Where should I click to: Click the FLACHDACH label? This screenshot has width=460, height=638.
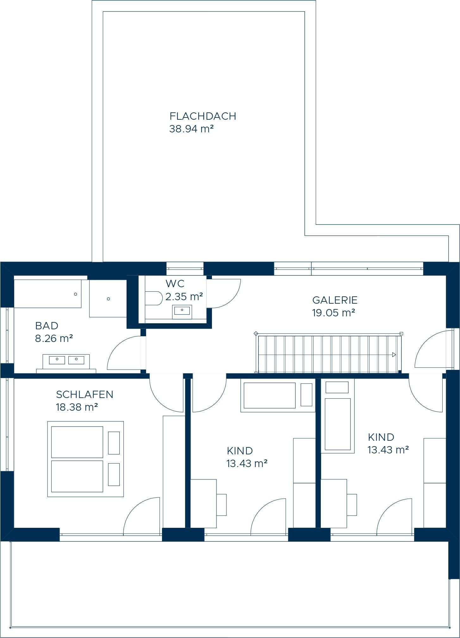[203, 116]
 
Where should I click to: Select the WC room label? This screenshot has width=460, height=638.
[175, 283]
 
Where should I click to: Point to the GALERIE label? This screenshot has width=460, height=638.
[335, 300]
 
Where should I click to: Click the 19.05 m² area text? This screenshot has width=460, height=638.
[333, 313]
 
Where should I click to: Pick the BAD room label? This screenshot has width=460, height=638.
[47, 325]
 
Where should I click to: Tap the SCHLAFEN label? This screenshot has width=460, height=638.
[84, 394]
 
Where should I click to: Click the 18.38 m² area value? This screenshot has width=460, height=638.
[77, 407]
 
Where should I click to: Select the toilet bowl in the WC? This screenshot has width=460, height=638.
[154, 298]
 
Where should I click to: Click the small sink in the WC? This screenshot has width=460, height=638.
[182, 312]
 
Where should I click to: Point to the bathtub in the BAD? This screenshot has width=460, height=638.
[48, 294]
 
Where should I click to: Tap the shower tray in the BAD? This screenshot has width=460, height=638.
[108, 298]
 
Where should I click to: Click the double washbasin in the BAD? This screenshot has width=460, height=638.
[66, 362]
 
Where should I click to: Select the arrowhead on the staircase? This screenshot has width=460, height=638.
[394, 355]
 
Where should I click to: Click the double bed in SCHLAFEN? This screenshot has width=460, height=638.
[85, 459]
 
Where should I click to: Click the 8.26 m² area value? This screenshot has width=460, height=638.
[54, 338]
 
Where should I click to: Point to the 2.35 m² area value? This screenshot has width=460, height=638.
[184, 297]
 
